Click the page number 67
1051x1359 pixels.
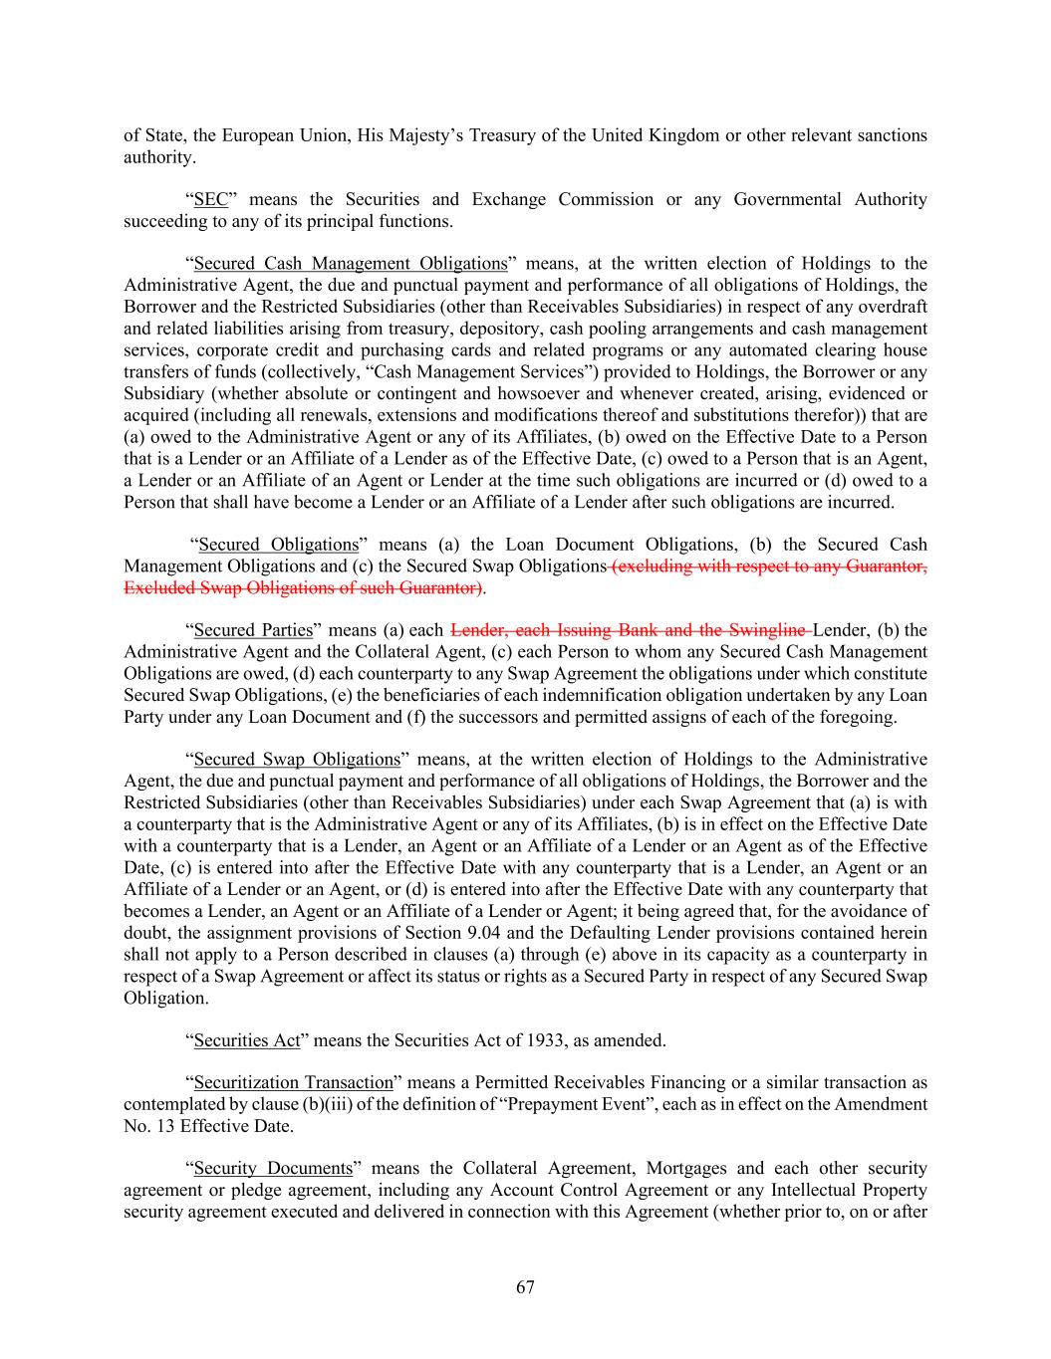click(x=525, y=1287)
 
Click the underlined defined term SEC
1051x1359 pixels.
click(x=211, y=199)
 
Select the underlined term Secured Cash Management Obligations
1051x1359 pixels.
click(x=351, y=264)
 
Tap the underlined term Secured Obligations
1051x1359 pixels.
click(x=278, y=545)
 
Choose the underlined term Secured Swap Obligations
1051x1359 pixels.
click(x=297, y=760)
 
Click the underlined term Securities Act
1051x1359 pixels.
click(x=247, y=1040)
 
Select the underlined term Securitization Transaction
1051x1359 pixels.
click(x=293, y=1082)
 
